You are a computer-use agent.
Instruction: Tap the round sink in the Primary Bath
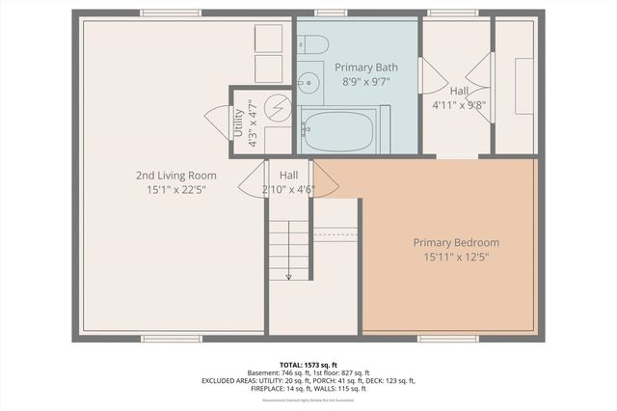pos(309,81)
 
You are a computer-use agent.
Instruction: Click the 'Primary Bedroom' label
pos(456,242)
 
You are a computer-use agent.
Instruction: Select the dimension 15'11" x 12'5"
pos(456,258)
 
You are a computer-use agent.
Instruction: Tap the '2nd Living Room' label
pos(175,175)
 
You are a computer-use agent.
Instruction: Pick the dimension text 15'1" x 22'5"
pos(175,190)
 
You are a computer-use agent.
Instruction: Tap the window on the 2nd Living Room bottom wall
pos(171,338)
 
